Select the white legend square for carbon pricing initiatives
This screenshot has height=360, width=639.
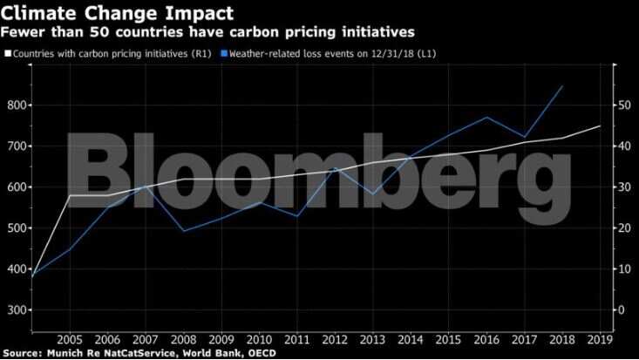pyautogui.click(x=7, y=54)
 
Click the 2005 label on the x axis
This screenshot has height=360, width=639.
pyautogui.click(x=70, y=340)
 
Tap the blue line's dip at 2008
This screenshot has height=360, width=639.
pyautogui.click(x=183, y=231)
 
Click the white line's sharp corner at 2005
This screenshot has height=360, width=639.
pyautogui.click(x=70, y=195)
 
